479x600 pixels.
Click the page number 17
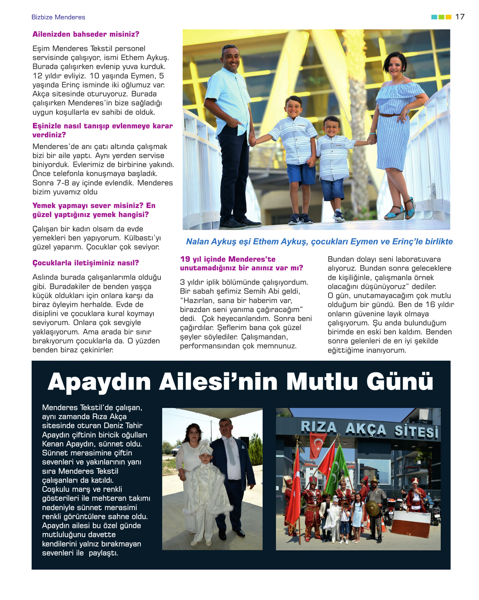(460, 17)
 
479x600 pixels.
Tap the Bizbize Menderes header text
(58, 17)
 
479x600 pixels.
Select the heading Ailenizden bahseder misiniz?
(86, 34)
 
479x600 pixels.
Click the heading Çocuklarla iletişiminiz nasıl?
(86, 263)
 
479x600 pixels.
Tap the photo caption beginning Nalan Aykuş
(319, 242)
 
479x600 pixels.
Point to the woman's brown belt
(389, 115)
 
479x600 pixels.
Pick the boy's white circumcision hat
(206, 450)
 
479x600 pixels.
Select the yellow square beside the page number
(448, 17)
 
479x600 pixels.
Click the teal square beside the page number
(434, 17)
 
